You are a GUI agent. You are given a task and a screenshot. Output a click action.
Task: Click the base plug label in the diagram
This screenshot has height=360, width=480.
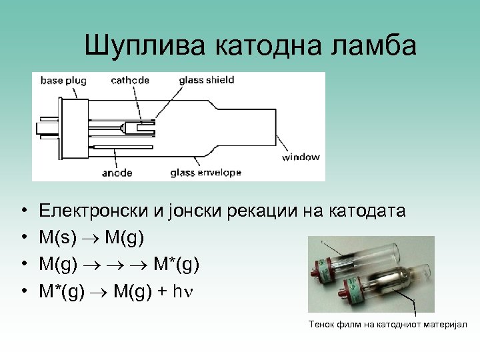coord(63,81)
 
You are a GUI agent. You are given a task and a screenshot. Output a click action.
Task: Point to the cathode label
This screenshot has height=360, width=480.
coord(130,81)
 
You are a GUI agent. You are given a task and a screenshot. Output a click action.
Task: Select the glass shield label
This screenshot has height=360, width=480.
coord(207,80)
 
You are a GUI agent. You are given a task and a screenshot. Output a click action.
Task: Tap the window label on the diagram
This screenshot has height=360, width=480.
coord(301,157)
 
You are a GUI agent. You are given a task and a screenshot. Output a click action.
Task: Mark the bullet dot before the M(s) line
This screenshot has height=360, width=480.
coord(23,237)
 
